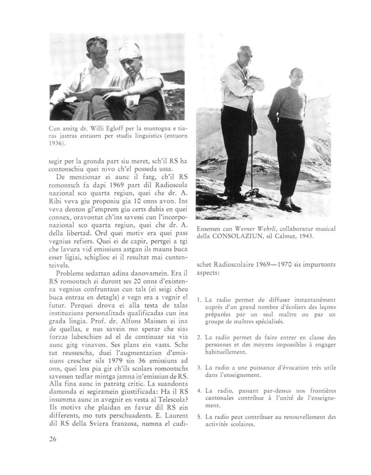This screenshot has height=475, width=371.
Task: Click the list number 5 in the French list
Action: pyautogui.click(x=198, y=417)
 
